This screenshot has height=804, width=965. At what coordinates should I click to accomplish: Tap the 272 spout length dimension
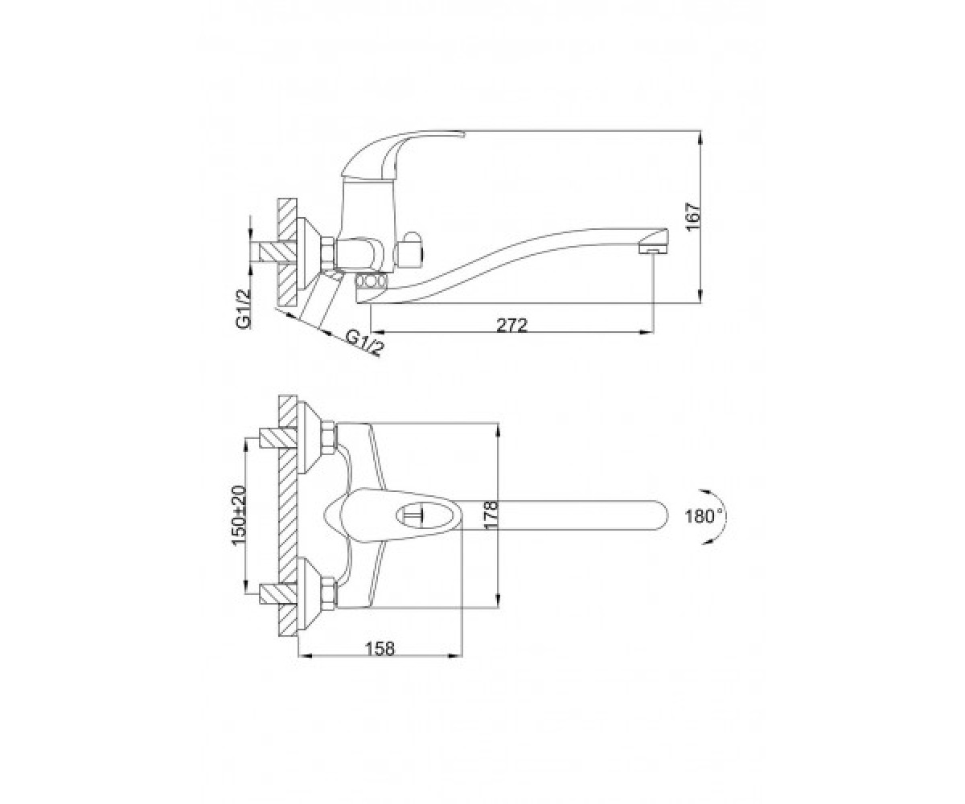click(x=511, y=326)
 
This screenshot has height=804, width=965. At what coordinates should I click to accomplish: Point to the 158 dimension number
click(x=381, y=649)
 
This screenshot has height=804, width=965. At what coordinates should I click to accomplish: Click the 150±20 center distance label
click(x=240, y=515)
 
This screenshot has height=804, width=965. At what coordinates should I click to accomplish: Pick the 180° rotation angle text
click(x=703, y=516)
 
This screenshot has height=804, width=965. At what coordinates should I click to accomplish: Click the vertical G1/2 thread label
click(x=244, y=309)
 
